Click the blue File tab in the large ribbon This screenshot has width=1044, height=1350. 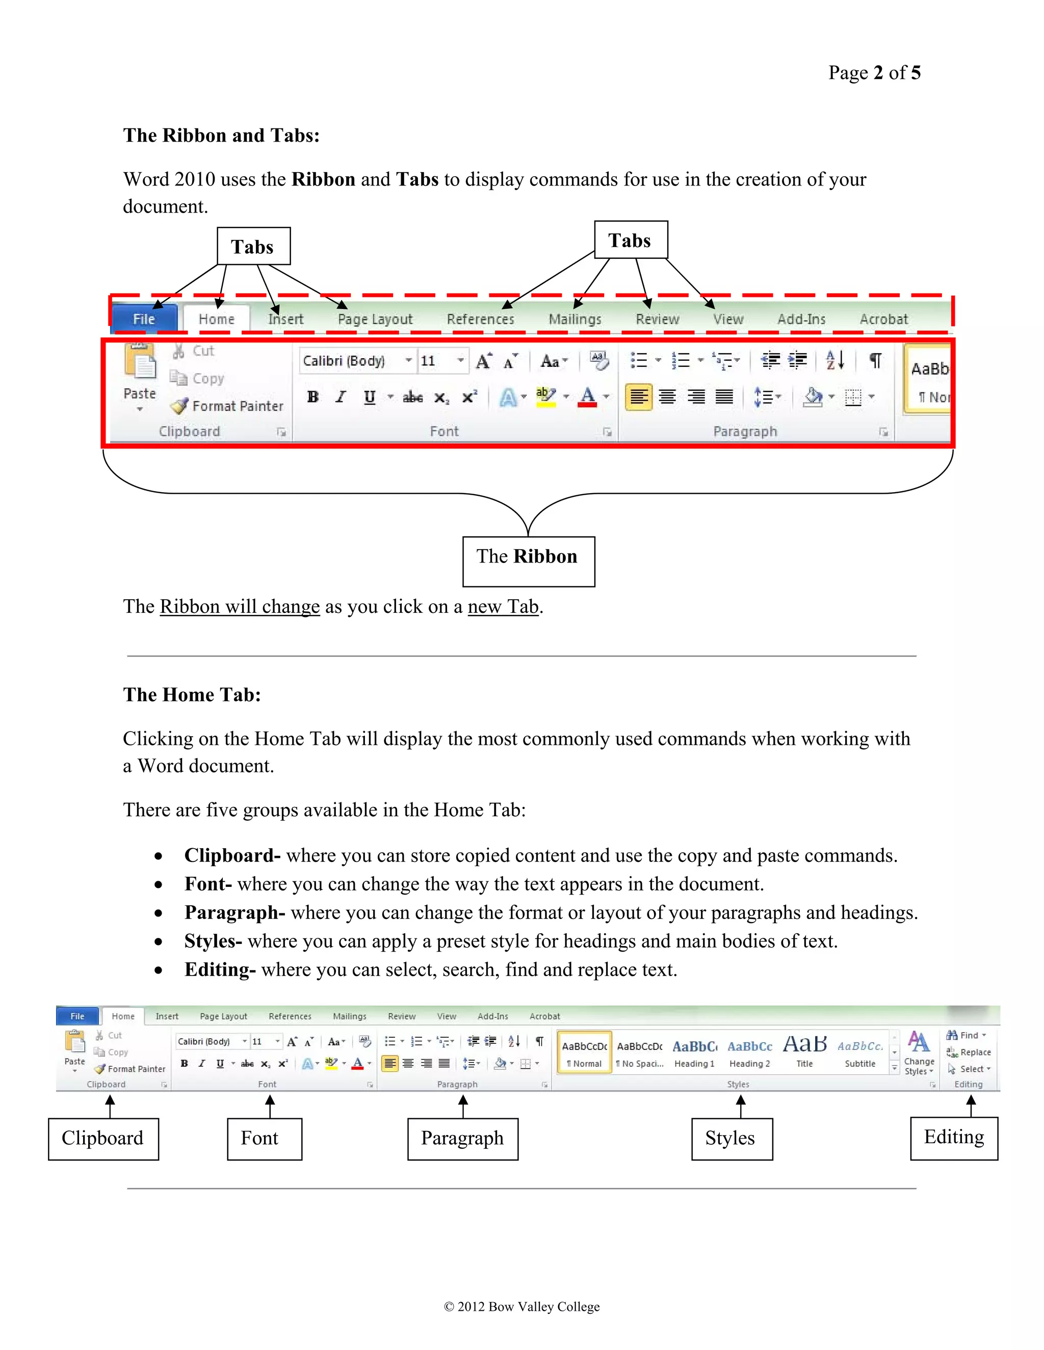pos(144,319)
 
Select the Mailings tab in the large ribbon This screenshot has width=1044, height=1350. pos(575,319)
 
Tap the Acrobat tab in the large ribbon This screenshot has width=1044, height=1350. pos(883,319)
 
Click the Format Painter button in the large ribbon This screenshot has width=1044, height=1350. pos(227,406)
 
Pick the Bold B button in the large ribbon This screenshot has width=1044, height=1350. pos(313,397)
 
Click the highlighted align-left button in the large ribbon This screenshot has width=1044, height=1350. pos(638,397)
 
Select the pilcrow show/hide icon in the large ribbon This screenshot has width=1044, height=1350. pos(875,360)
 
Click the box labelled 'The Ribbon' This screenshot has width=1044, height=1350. pos(528,561)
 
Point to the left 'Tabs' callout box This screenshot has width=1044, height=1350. pos(253,247)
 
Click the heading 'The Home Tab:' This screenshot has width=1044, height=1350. pos(192,695)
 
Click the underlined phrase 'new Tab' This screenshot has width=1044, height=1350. pos(503,606)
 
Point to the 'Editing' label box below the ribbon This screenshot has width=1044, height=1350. pos(954,1138)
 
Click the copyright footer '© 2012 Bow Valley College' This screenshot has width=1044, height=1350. pos(521,1306)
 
